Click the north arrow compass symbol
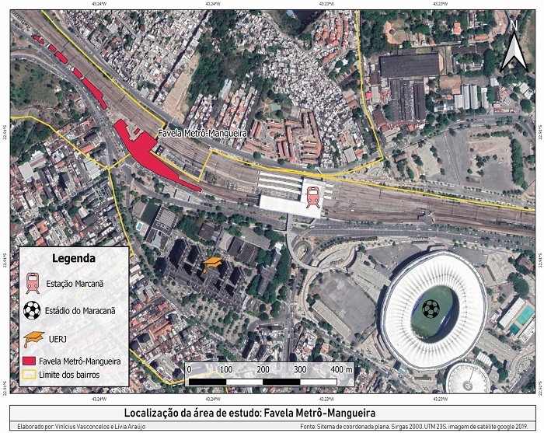(x=514, y=44)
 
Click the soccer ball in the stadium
(x=430, y=309)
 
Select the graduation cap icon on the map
(x=212, y=266)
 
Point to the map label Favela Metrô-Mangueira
(x=202, y=134)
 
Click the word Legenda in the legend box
(x=73, y=258)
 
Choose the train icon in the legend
(x=33, y=283)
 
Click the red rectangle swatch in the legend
(x=33, y=361)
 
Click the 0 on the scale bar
(x=189, y=369)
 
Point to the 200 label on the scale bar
(x=263, y=369)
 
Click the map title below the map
(x=272, y=411)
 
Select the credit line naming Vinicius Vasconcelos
(x=82, y=426)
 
